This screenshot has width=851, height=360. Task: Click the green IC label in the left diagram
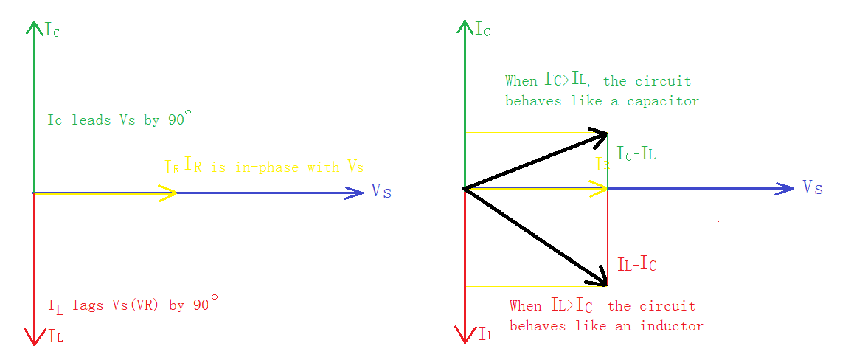click(x=52, y=30)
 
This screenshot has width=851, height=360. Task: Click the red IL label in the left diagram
click(x=55, y=338)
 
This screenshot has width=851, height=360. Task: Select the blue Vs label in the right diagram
click(x=812, y=187)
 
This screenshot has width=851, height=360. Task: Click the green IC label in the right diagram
click(x=482, y=30)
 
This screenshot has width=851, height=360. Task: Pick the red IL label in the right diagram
click(x=486, y=334)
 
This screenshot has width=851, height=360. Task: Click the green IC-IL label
click(x=636, y=154)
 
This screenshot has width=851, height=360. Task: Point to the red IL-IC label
click(x=636, y=264)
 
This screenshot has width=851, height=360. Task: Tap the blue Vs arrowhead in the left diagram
click(x=357, y=193)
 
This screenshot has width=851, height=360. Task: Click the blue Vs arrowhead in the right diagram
click(x=787, y=189)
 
